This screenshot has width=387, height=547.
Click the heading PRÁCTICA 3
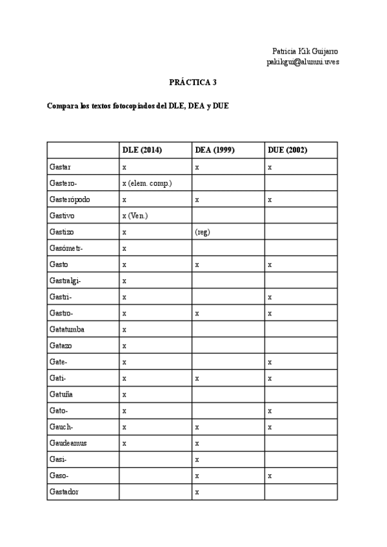[x=193, y=83]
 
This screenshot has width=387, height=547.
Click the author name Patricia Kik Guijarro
[x=305, y=51]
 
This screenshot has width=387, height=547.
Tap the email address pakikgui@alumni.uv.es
[x=303, y=62]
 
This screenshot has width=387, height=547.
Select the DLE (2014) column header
[x=142, y=150]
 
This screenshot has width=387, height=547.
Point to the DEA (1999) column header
[x=214, y=150]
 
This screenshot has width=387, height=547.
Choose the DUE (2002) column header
[x=287, y=150]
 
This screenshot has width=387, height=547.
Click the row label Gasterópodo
[x=69, y=199]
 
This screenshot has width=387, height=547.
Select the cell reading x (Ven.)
[x=135, y=215]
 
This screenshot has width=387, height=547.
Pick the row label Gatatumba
[x=66, y=330]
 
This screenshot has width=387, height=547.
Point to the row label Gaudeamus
[x=67, y=443]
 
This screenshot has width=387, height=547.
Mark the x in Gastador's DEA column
[x=197, y=492]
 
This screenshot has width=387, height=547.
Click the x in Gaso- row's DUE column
[x=270, y=476]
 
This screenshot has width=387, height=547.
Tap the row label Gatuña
[x=62, y=394]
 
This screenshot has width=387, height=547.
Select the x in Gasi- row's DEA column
[x=197, y=460]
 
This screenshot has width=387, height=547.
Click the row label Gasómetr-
[x=66, y=248]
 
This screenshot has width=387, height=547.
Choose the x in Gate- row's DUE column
[x=270, y=363]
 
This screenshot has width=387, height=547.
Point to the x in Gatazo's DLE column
[x=124, y=346]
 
